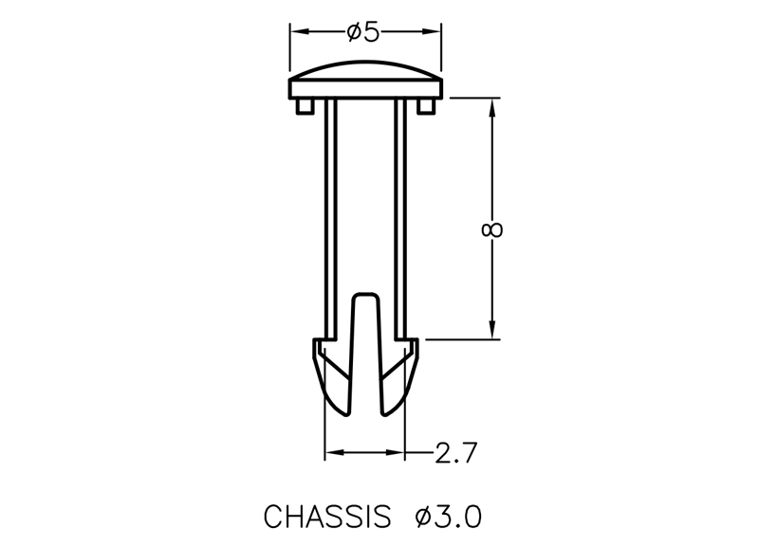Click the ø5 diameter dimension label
(x=363, y=32)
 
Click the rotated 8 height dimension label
(x=492, y=229)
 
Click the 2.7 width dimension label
(x=456, y=453)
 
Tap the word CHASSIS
(x=327, y=517)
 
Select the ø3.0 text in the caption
(x=448, y=517)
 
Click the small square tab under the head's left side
(x=305, y=106)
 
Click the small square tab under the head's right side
(x=426, y=106)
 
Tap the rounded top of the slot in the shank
(x=365, y=294)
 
